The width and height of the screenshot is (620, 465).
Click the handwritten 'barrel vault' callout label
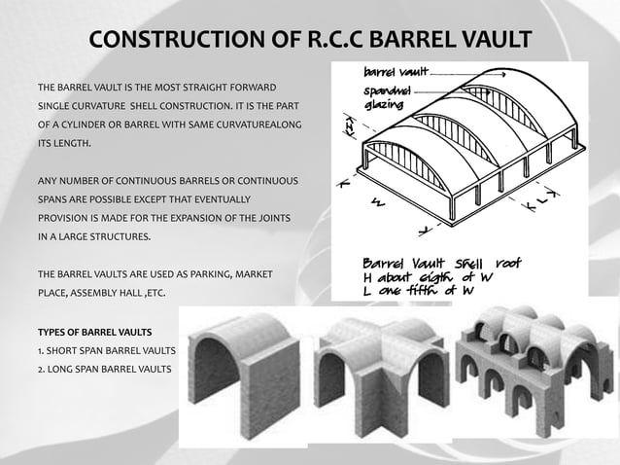click(394, 73)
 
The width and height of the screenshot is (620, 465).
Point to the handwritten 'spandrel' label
click(386, 89)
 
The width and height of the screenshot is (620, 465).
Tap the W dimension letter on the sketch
click(376, 203)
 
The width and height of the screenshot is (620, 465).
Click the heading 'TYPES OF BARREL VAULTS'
click(94, 333)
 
